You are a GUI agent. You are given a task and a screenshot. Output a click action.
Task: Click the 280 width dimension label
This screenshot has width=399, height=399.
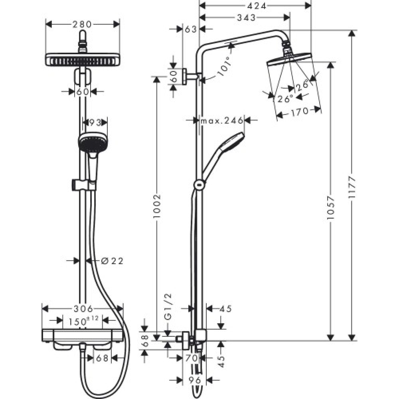[x=83, y=24]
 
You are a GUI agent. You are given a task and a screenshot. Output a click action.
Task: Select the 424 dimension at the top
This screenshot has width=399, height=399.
[x=256, y=5]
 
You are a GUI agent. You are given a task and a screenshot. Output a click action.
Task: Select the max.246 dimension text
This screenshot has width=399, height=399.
[x=222, y=120]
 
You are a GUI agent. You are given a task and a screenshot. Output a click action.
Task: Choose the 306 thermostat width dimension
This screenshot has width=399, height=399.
[x=83, y=309]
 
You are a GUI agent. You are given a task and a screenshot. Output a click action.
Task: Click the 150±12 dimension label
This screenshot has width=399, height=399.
[x=83, y=320]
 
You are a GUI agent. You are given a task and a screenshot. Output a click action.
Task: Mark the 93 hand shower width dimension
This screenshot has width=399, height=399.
[x=95, y=121]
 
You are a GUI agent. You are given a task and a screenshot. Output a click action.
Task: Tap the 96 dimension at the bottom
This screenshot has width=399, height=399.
[x=195, y=380]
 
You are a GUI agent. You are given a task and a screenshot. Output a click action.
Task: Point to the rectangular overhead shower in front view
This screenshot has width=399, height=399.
[x=83, y=60]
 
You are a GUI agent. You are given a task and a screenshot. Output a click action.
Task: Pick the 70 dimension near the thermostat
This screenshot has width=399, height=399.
[x=192, y=358]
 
